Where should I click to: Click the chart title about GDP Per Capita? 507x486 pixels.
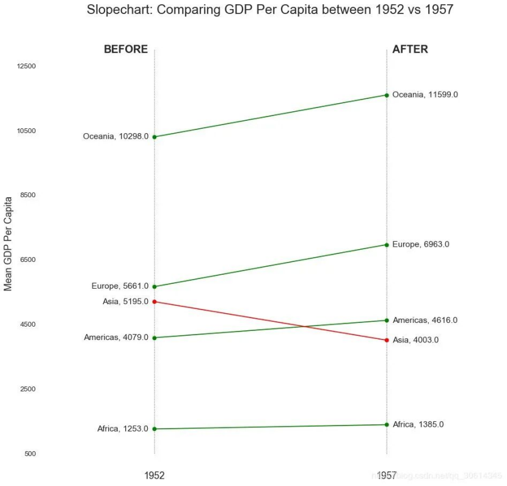tap(270, 10)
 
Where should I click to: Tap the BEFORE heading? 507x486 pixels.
tap(126, 49)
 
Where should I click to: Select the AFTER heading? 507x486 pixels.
tap(410, 49)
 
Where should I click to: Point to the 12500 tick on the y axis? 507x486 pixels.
tap(26, 66)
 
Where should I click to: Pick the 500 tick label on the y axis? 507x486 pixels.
tap(30, 454)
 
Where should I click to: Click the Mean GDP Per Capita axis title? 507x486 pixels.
tap(8, 243)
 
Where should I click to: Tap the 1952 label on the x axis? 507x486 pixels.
tap(155, 476)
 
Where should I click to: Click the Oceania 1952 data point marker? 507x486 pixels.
tap(155, 137)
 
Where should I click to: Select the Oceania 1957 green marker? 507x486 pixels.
tap(387, 95)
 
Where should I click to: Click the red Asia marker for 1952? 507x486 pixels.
tap(155, 302)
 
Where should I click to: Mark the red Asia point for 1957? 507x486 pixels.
tap(387, 340)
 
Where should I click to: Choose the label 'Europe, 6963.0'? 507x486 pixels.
tap(421, 244)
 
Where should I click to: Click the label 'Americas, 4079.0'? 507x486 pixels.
tap(116, 338)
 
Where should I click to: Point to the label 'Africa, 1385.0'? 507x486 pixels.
tap(418, 424)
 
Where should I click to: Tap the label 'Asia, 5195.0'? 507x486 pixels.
tap(125, 302)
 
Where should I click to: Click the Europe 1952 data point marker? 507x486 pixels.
tap(155, 286)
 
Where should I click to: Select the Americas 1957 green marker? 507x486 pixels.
tap(387, 321)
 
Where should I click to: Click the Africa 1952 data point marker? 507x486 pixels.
tap(155, 429)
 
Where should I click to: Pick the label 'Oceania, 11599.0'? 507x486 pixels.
tap(425, 95)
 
